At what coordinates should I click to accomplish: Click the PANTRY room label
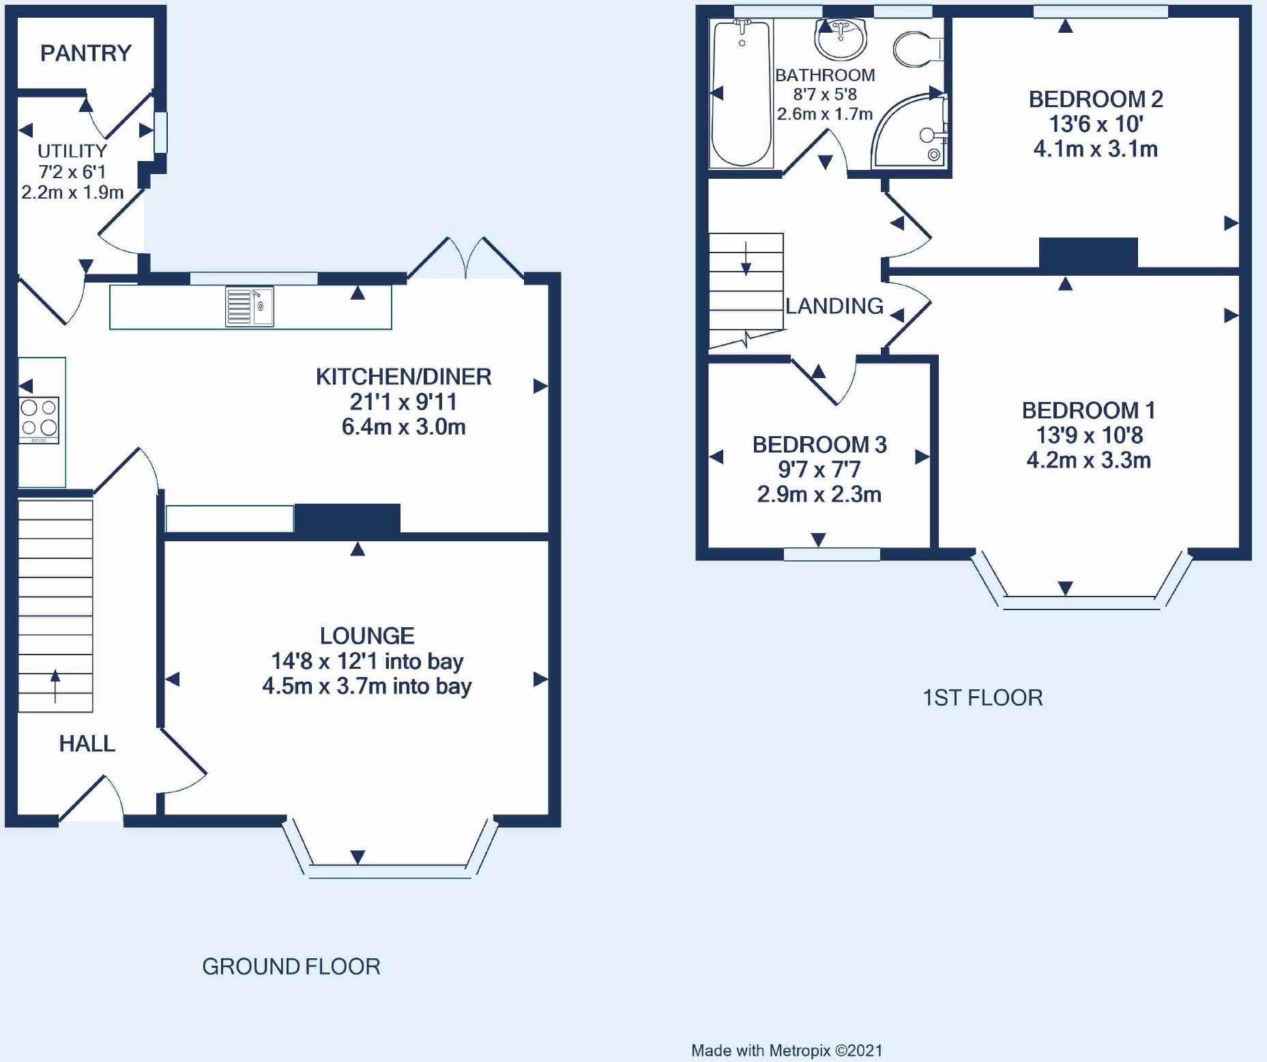[x=86, y=53]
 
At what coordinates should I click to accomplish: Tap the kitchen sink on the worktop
[x=250, y=306]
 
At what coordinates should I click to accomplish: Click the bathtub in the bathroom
[x=741, y=94]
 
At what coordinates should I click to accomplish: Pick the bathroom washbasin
[x=840, y=38]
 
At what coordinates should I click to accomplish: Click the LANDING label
[x=834, y=306]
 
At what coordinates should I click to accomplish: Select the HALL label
[x=87, y=743]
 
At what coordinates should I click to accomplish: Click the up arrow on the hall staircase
[x=55, y=686]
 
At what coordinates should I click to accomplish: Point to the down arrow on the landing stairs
[x=746, y=259]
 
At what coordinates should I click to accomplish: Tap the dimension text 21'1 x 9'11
[x=403, y=401]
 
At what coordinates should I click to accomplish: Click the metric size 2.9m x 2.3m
[x=819, y=494]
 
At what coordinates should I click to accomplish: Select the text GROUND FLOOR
[x=291, y=966]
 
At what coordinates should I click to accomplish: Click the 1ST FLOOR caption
[x=982, y=698]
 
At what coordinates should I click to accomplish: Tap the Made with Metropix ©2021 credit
[x=787, y=1050]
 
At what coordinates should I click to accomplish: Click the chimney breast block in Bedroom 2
[x=1088, y=253]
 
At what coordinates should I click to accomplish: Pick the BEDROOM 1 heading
[x=1089, y=410]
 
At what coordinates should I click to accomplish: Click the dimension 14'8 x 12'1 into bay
[x=367, y=661]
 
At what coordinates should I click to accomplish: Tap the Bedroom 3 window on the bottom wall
[x=832, y=554]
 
